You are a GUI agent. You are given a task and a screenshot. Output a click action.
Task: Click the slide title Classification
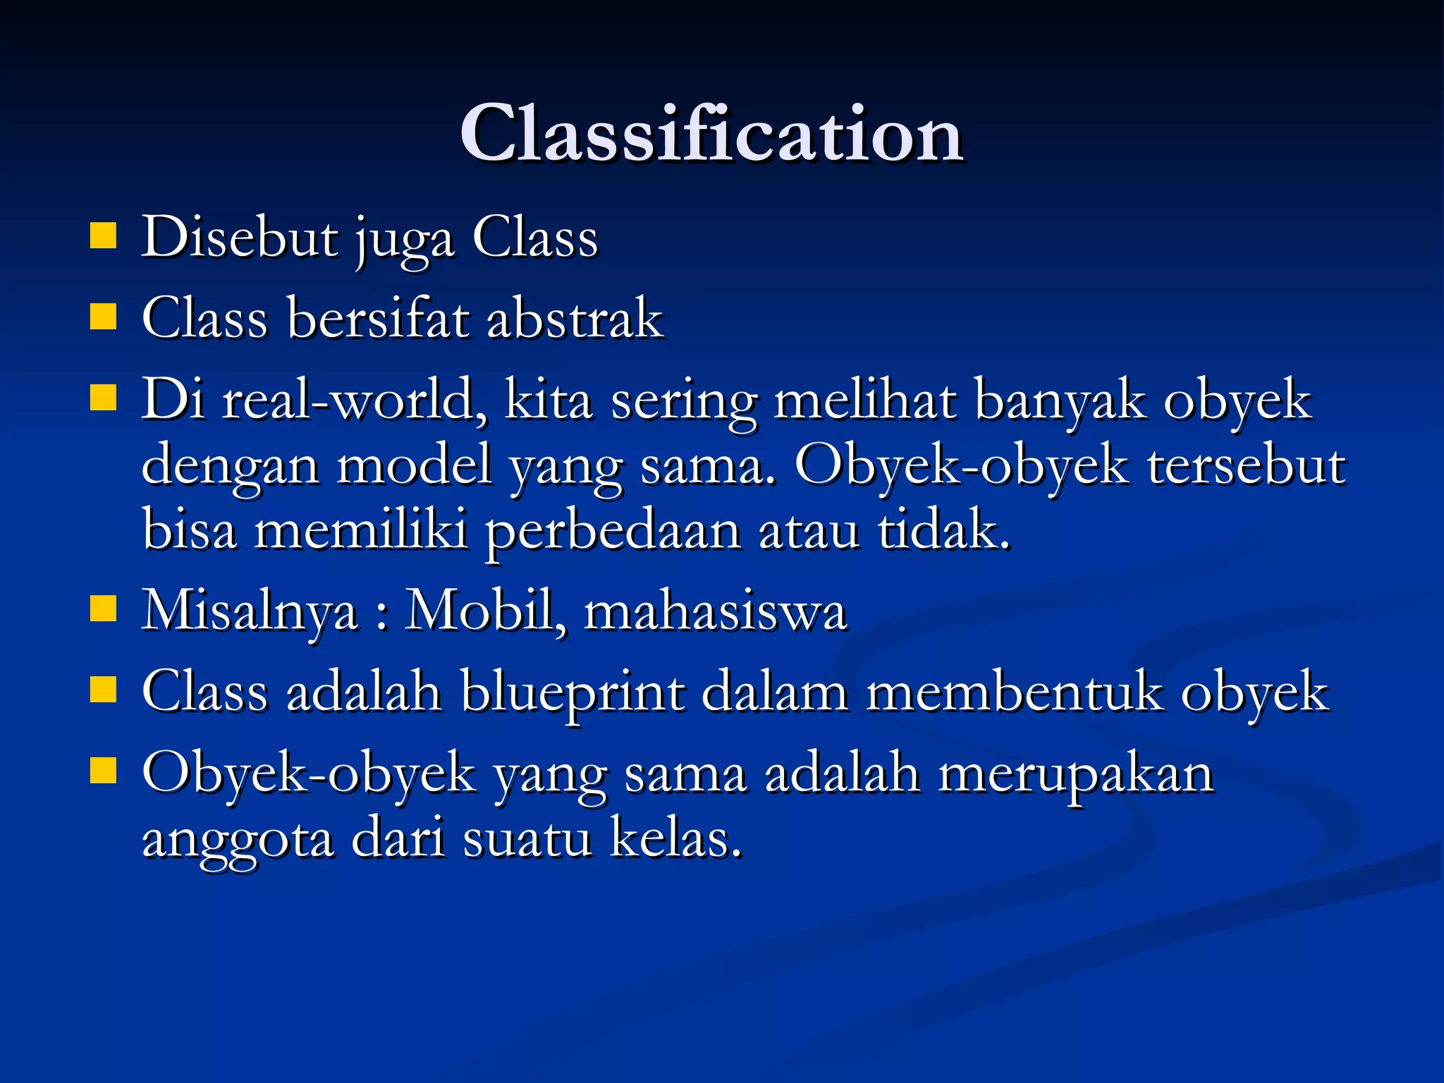click(711, 134)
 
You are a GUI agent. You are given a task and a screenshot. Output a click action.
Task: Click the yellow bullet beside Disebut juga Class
click(103, 237)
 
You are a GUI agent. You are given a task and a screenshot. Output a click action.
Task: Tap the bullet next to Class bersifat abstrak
click(103, 317)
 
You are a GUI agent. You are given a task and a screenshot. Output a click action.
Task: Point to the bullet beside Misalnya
click(103, 609)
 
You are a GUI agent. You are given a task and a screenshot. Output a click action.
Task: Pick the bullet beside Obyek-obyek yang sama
click(103, 771)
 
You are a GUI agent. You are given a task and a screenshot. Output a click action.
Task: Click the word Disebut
click(240, 238)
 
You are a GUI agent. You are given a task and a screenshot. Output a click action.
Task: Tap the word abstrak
click(575, 319)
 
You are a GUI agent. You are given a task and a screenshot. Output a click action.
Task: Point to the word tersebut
click(1247, 467)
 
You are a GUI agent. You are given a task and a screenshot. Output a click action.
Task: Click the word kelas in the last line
click(675, 839)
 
